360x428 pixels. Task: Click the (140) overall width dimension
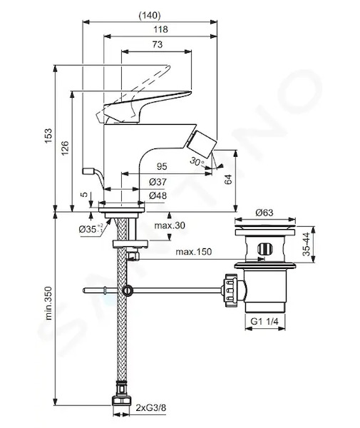click(150, 15)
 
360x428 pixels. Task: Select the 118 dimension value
click(160, 29)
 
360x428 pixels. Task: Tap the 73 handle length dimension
click(158, 44)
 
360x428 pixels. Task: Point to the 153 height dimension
click(48, 136)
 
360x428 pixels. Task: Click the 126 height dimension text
click(65, 148)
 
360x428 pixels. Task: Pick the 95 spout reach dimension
click(162, 166)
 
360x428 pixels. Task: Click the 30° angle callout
click(197, 161)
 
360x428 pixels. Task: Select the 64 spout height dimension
click(228, 179)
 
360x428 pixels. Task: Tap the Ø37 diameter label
click(158, 182)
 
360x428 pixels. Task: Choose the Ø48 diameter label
click(158, 195)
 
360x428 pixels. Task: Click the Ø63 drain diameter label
click(264, 213)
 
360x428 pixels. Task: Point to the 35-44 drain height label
click(307, 244)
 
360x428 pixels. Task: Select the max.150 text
click(193, 252)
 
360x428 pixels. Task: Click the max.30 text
click(170, 225)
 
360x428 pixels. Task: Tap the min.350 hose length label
click(48, 303)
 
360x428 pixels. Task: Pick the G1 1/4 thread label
click(264, 322)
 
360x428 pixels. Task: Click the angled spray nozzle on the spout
click(205, 144)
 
